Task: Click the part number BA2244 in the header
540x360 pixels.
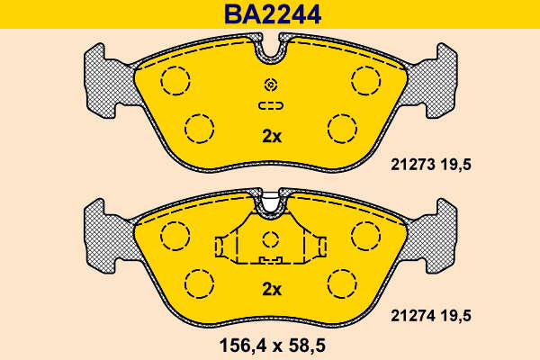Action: click(273, 14)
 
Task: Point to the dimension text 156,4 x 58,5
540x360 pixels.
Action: click(272, 346)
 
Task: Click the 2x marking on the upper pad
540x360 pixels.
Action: click(272, 137)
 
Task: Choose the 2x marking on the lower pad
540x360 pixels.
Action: click(272, 290)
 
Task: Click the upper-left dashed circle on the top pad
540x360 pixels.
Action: click(175, 80)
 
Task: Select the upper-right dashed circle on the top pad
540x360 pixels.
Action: click(366, 80)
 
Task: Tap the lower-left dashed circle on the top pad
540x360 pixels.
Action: click(199, 129)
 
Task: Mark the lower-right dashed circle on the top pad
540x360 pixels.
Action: click(342, 129)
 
